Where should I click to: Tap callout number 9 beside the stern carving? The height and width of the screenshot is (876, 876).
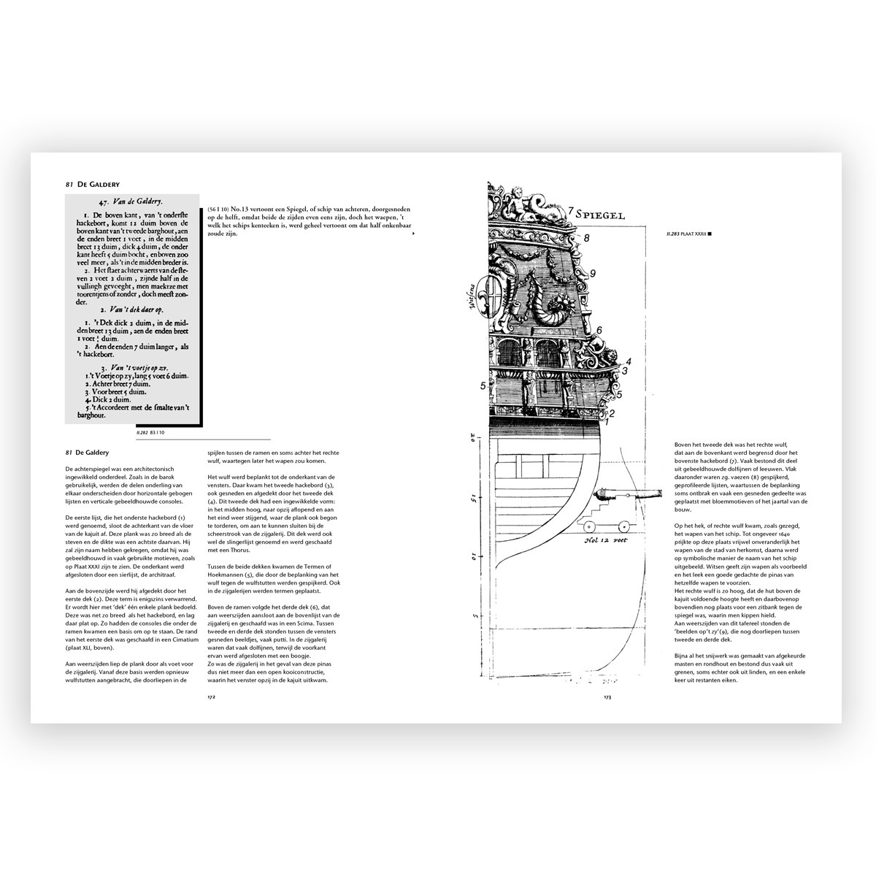[593, 273]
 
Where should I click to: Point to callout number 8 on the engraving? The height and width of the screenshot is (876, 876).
[586, 237]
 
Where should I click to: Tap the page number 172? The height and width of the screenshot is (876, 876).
[211, 697]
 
